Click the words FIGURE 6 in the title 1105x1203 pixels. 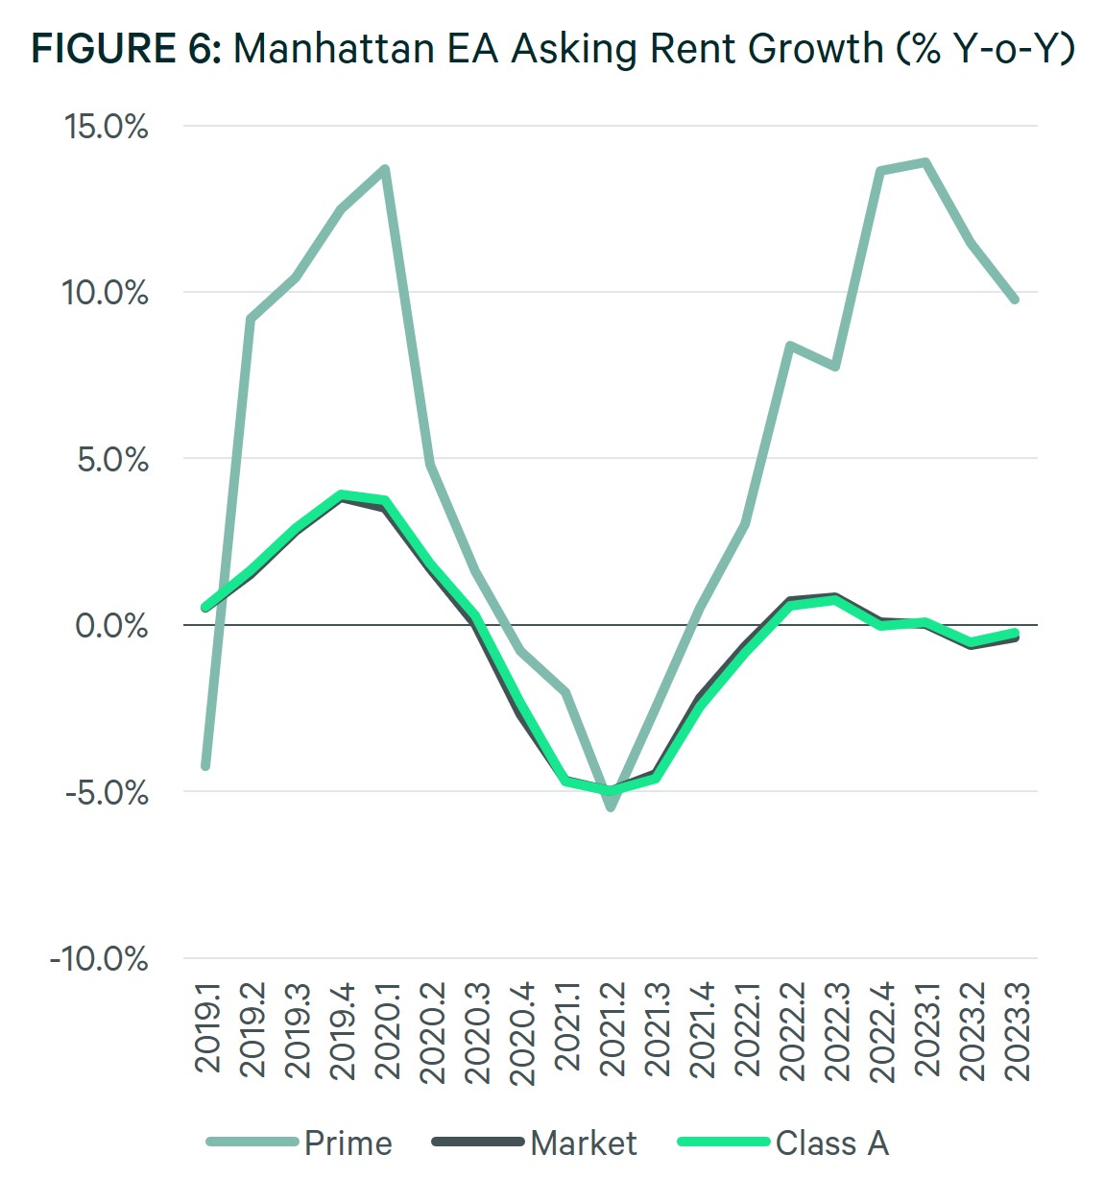click(x=126, y=48)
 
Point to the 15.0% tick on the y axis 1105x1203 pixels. click(x=107, y=126)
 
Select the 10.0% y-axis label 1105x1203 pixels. click(x=106, y=293)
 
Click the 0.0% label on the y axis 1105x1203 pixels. click(x=112, y=626)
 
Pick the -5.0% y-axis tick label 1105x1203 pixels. click(x=107, y=793)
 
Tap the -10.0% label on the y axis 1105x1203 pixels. click(x=100, y=959)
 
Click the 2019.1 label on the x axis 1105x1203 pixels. click(x=208, y=1025)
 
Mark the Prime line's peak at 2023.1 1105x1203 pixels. click(x=925, y=162)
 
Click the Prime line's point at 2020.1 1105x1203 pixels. click(x=385, y=169)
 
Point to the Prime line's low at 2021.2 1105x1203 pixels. click(x=611, y=807)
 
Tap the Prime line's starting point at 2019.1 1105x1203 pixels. click(x=205, y=765)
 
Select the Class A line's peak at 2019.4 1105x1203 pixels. click(x=341, y=495)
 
